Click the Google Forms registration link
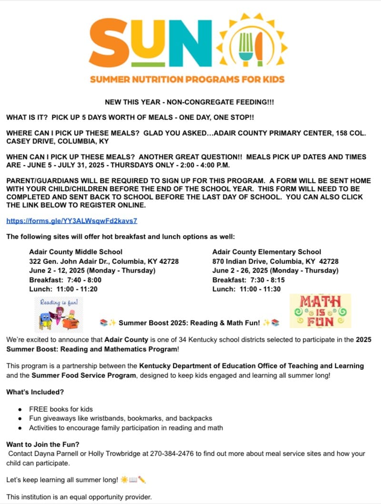72,221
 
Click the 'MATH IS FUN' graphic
320,310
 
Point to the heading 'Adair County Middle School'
76,252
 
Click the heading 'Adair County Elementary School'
267,252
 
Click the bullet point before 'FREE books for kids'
20,409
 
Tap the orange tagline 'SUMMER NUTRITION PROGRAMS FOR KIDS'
187,79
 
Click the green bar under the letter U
152,64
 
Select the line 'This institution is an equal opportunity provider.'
79,497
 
